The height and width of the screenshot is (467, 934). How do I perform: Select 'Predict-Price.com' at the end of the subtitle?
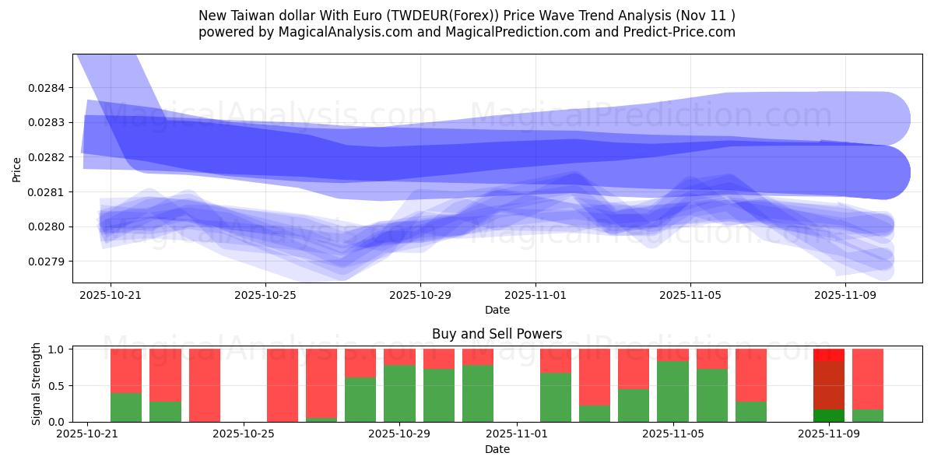(679, 32)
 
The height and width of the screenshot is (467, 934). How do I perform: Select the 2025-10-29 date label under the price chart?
(420, 296)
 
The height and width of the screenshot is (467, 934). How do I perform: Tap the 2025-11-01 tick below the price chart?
(535, 296)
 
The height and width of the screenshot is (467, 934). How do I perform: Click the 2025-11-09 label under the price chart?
(845, 296)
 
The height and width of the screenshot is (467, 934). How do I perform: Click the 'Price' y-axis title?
(17, 169)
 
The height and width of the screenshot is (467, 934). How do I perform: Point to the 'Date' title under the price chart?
(497, 310)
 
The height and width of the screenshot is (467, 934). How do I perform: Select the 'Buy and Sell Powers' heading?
(497, 334)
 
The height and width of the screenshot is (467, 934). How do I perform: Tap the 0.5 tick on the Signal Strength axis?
(56, 386)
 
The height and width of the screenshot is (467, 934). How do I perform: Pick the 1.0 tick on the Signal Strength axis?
(56, 349)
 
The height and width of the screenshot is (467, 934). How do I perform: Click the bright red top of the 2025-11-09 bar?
(829, 354)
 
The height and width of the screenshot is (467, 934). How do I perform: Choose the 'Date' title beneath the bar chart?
(497, 449)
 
